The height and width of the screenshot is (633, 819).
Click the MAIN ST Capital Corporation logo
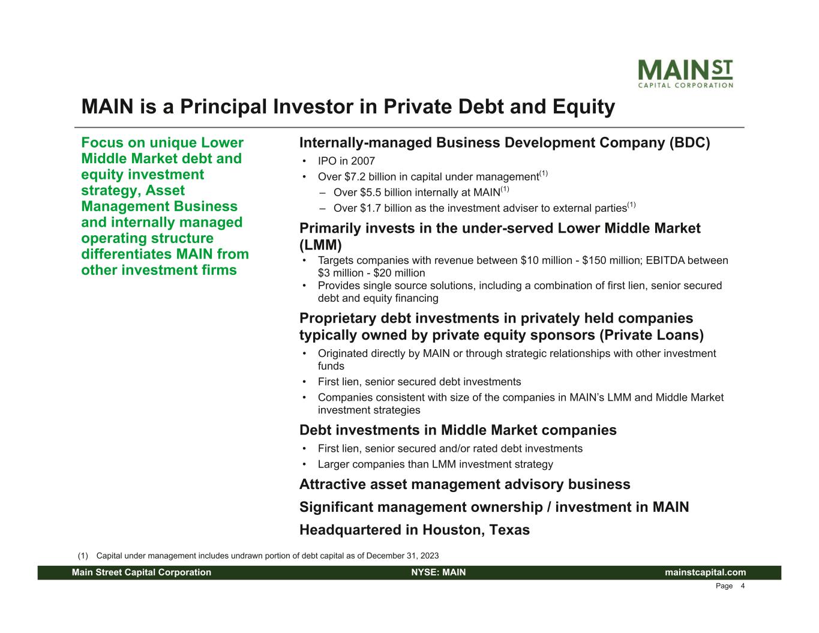(685, 74)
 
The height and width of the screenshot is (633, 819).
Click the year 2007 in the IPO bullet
(363, 161)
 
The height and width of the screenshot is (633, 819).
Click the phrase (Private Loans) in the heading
(652, 335)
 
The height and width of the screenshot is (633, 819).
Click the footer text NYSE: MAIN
(439, 572)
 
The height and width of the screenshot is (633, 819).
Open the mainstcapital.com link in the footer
(705, 572)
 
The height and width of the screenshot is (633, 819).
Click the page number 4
(742, 586)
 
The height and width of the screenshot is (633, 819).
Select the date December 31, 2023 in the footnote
(403, 556)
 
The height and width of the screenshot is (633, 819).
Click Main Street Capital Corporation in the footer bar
(142, 572)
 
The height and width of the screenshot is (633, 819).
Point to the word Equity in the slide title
(584, 107)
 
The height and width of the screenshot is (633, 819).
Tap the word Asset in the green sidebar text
(165, 191)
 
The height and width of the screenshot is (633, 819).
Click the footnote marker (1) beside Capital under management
(83, 556)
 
